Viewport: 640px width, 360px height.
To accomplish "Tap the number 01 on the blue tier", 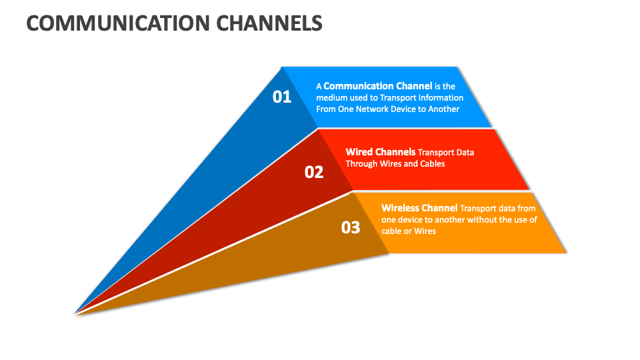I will pos(282,97).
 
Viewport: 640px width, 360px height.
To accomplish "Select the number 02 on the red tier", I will pos(314,172).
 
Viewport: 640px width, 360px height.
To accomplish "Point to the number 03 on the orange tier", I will pos(351,227).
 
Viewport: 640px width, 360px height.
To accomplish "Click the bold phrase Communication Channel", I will pos(377,85).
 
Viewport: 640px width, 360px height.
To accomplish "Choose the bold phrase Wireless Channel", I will pos(419,208).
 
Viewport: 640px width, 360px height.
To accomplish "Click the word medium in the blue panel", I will pos(331,97).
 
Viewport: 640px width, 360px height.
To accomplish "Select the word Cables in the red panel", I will pos(431,163).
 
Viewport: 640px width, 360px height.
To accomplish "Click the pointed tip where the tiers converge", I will pos(75,313).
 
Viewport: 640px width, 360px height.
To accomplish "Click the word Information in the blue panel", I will pos(437,97).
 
